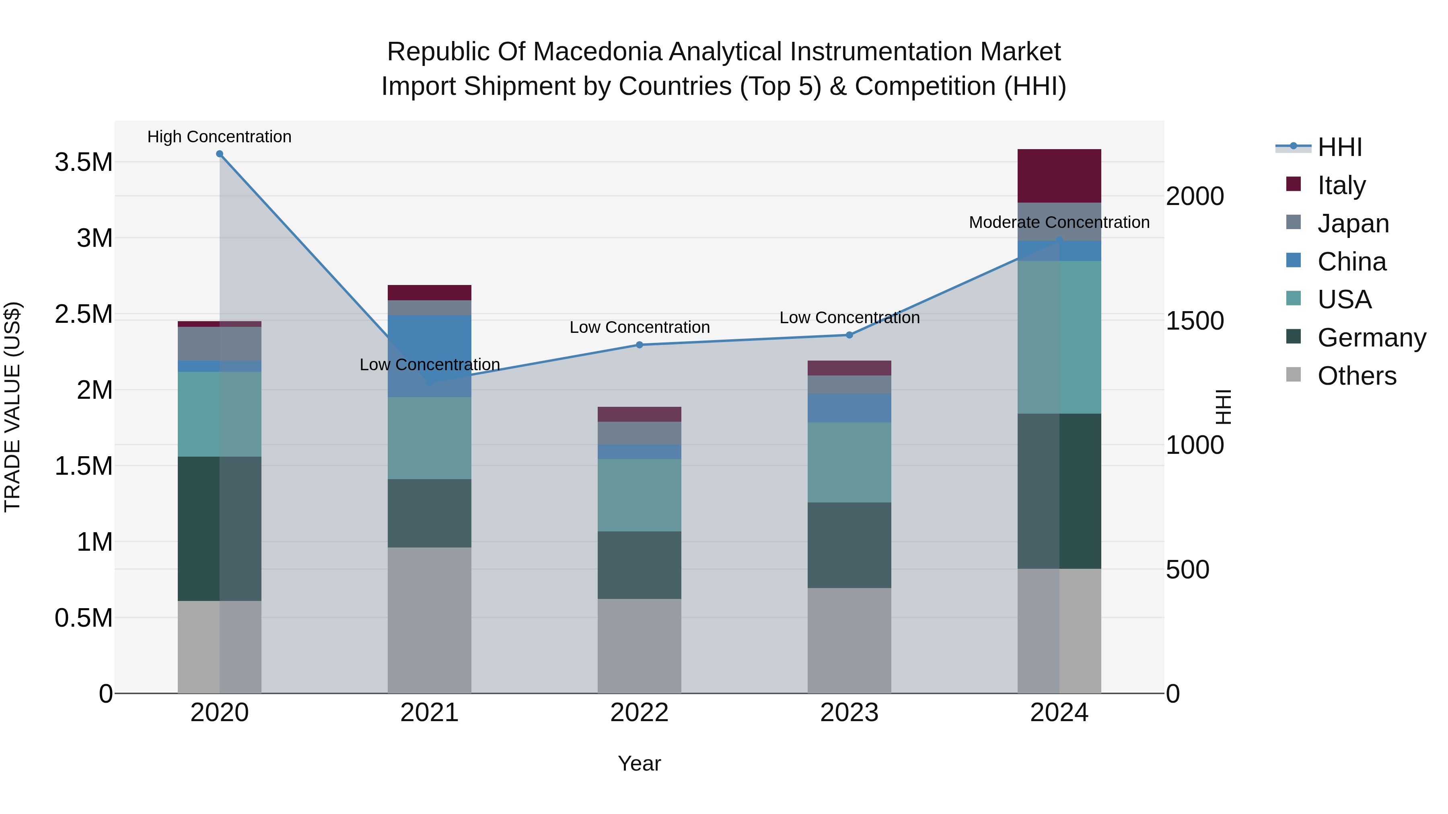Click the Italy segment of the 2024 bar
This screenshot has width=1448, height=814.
pos(1059,175)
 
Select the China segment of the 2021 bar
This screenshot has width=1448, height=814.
pos(430,356)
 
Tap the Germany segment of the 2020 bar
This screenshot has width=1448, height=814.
pos(219,528)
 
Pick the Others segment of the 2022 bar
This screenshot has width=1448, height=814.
pos(639,646)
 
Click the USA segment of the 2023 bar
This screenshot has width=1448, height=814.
pos(849,462)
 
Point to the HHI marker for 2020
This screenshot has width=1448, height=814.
pos(220,154)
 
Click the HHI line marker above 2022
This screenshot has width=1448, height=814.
pos(639,345)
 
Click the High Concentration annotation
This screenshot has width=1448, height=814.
pos(219,137)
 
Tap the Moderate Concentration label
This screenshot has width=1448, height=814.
pos(1059,222)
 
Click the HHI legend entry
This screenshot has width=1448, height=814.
pos(1339,147)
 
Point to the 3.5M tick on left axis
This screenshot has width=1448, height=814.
pos(83,162)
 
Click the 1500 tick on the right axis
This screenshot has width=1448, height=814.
pos(1195,321)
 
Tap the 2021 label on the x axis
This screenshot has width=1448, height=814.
pos(430,713)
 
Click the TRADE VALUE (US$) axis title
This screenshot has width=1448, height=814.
pos(12,407)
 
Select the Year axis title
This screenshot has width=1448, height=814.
pos(639,763)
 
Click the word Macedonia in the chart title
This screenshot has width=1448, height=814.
pos(598,52)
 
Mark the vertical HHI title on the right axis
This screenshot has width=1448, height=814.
pos(1223,407)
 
